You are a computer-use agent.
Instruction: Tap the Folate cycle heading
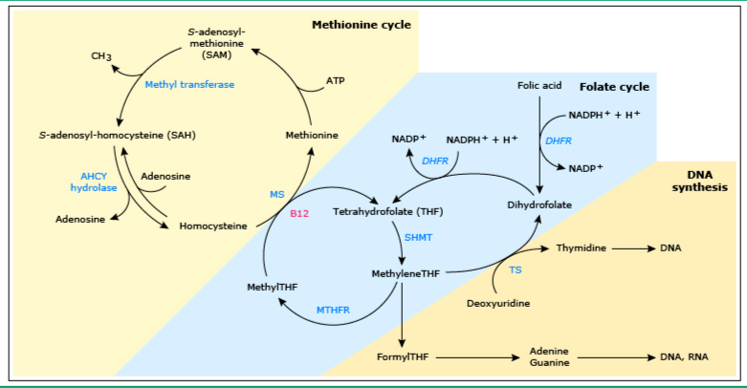click(x=616, y=86)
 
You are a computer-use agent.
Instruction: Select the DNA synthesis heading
click(x=707, y=181)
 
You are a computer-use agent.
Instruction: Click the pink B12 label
click(x=299, y=213)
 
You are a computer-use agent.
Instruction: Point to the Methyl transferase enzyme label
click(x=189, y=84)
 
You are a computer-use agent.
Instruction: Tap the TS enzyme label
click(x=516, y=270)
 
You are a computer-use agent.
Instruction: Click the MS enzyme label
click(x=277, y=194)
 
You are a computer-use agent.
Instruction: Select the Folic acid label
click(x=539, y=85)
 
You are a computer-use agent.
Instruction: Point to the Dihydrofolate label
click(x=539, y=205)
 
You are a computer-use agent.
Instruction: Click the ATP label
click(x=335, y=80)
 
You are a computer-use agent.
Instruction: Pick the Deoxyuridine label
click(x=498, y=303)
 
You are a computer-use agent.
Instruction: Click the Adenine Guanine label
click(x=549, y=356)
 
